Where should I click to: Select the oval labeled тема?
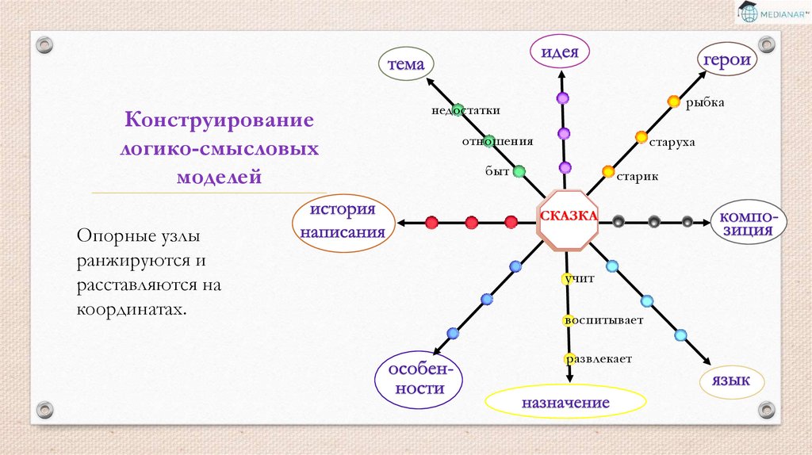pyautogui.click(x=404, y=63)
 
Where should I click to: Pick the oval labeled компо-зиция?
pyautogui.click(x=749, y=223)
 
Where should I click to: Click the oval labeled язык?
pyautogui.click(x=731, y=380)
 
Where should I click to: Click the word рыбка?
pyautogui.click(x=706, y=102)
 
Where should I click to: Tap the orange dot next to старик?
pyautogui.click(x=608, y=171)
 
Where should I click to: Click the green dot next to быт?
pyautogui.click(x=519, y=171)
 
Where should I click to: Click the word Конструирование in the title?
pyautogui.click(x=219, y=122)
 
